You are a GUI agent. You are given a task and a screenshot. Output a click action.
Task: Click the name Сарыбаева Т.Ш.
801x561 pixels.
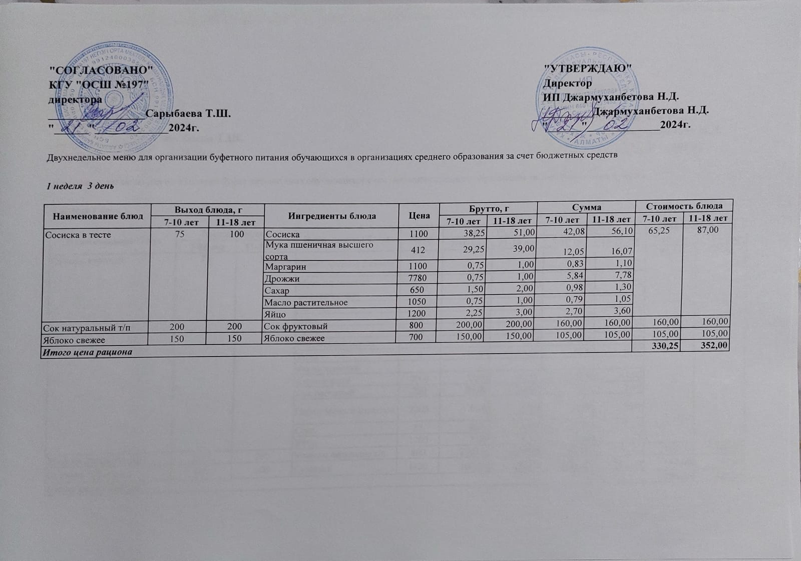point(188,114)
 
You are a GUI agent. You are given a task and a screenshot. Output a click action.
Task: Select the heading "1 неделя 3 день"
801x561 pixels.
point(80,186)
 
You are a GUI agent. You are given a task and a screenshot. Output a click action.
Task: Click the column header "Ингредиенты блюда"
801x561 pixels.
point(332,216)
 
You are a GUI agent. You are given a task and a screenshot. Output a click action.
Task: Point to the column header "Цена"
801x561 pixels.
point(419,215)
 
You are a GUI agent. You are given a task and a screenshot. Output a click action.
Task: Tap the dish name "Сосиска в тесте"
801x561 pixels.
point(78,234)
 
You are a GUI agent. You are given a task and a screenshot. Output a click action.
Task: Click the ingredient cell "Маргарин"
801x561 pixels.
point(286,267)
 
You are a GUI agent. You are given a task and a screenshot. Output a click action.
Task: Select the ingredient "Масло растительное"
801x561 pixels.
point(306,302)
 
